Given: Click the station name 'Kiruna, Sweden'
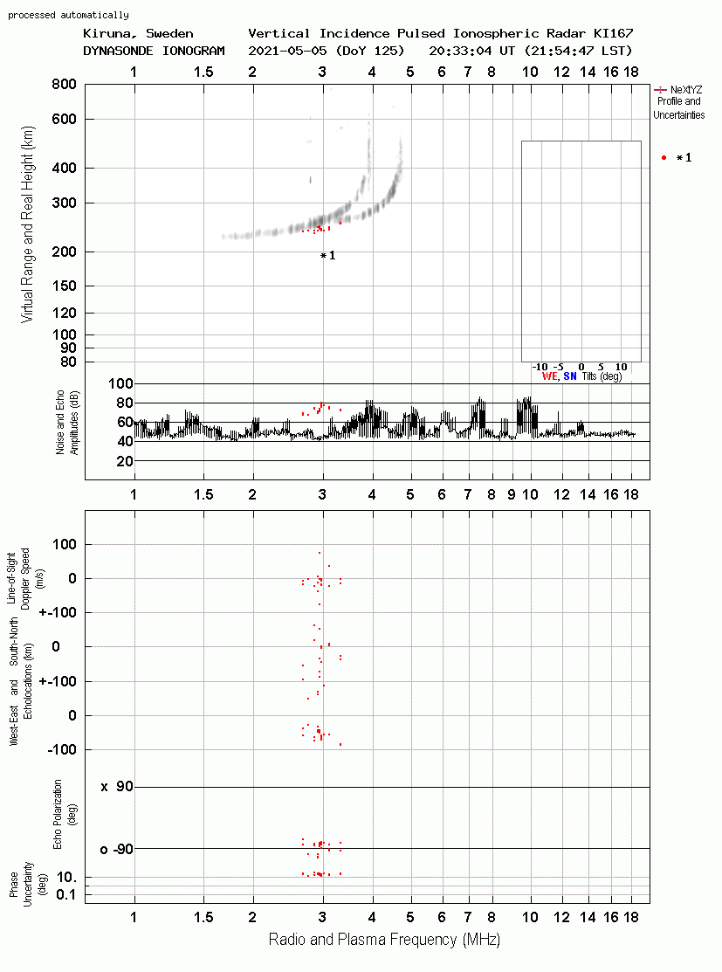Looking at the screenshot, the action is click(x=138, y=33).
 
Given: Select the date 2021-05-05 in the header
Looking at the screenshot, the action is click(x=288, y=51).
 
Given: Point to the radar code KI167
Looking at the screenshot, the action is click(x=613, y=33).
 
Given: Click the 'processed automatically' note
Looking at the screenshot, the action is click(x=68, y=15).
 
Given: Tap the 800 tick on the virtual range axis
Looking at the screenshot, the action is click(x=64, y=84).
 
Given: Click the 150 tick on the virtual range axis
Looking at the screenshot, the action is click(x=64, y=286).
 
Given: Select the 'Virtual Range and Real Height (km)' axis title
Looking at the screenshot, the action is click(x=27, y=224).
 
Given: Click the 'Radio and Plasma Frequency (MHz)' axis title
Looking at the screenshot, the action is click(x=384, y=939).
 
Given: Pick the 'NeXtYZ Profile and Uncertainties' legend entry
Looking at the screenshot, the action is click(x=678, y=102).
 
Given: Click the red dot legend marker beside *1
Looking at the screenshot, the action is click(x=664, y=158).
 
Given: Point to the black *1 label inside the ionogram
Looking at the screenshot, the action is click(x=328, y=255).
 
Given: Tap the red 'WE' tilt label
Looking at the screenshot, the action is click(x=549, y=376).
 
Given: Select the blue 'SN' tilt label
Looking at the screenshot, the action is click(x=569, y=376).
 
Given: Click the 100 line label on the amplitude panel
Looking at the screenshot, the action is click(x=120, y=383).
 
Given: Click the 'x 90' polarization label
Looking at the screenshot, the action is click(x=117, y=787).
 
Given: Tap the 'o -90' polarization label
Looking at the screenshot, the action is click(x=116, y=849).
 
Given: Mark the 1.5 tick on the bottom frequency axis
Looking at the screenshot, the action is click(x=203, y=917).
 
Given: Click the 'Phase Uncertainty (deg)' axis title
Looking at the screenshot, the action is click(x=28, y=885).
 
